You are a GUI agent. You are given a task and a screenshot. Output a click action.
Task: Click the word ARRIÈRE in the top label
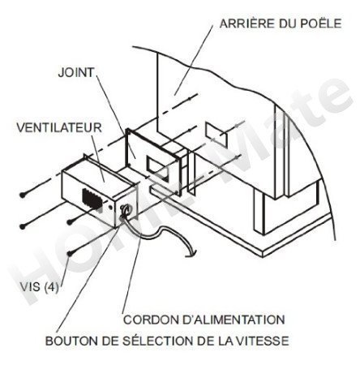246,23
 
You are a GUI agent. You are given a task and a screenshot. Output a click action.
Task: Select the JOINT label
76,72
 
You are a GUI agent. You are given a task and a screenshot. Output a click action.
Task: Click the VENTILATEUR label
59,127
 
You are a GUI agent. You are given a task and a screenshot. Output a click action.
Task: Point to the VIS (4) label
40,287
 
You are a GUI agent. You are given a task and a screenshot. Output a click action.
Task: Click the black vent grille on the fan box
92,200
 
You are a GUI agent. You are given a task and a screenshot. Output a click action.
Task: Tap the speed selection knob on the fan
126,210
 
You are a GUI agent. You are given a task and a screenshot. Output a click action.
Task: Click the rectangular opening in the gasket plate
156,167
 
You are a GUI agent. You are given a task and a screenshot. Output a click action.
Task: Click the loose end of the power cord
189,255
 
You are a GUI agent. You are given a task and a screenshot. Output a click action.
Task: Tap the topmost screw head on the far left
23,195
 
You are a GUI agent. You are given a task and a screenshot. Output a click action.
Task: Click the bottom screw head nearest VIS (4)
71,254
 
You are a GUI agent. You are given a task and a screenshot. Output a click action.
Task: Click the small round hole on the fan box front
111,207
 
